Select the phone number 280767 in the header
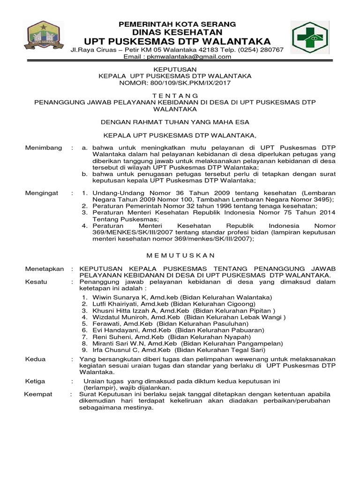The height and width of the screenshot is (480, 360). (x=270, y=50)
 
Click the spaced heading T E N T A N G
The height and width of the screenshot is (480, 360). (x=177, y=95)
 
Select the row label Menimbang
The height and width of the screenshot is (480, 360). (x=43, y=148)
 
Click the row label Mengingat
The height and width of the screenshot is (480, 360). (x=42, y=192)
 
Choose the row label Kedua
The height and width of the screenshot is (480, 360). (x=35, y=359)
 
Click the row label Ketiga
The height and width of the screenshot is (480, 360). (x=35, y=382)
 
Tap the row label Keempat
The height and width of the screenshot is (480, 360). (x=38, y=394)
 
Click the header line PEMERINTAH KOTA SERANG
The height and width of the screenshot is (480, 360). (x=177, y=24)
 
